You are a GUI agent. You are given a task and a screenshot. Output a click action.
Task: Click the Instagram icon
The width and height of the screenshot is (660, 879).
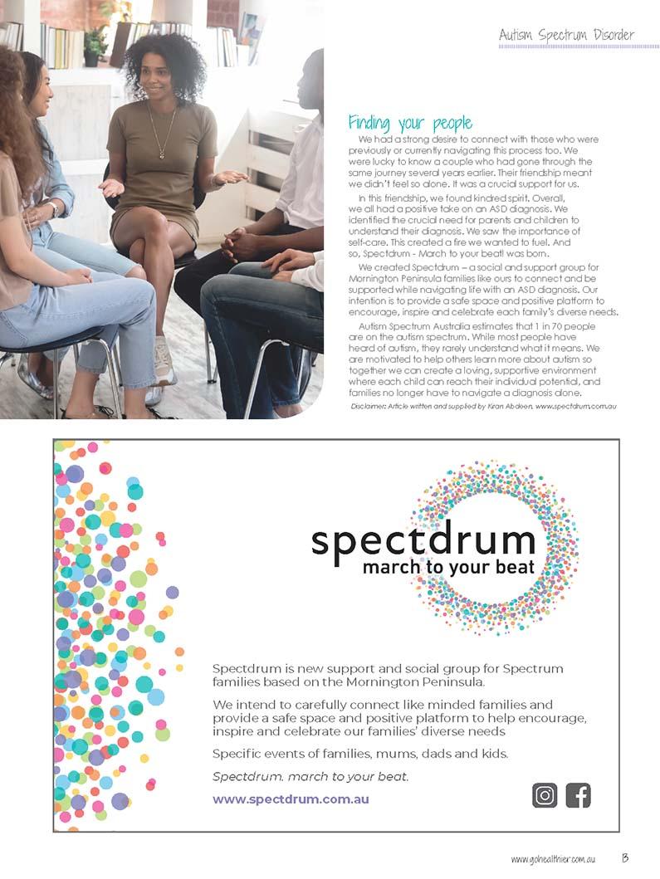[x=545, y=795]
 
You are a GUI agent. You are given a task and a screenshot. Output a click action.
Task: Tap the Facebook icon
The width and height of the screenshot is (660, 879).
[x=578, y=795]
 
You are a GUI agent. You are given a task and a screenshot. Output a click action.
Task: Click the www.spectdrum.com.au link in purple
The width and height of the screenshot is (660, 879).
[x=291, y=799]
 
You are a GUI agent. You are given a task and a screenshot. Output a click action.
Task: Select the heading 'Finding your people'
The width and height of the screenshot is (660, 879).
[x=410, y=124]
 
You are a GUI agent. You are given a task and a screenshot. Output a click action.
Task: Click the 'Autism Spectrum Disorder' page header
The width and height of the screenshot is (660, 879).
[x=566, y=35]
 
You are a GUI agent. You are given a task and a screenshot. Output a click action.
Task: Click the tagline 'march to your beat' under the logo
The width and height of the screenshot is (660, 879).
[x=448, y=569]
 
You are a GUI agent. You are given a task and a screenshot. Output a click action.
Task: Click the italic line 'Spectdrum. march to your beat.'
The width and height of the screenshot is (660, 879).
[x=310, y=777]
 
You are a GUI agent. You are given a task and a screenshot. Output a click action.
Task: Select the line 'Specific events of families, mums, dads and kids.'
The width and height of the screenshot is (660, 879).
[x=360, y=754]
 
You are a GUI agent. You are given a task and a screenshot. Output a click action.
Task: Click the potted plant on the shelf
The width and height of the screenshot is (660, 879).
[x=95, y=46]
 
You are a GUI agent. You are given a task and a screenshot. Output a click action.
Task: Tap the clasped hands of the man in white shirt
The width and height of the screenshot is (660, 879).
[x=244, y=242]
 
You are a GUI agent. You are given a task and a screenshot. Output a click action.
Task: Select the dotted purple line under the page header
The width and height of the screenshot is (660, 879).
[x=566, y=46]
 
